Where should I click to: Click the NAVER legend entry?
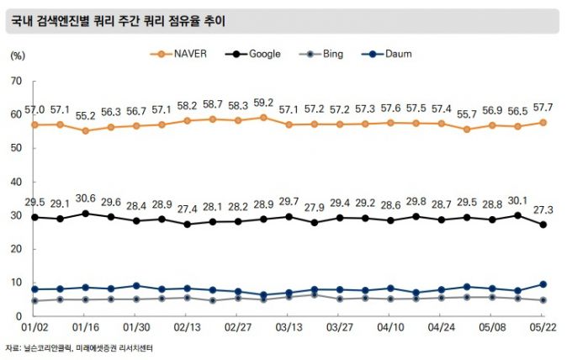[178, 54]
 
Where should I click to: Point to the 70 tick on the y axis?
[15, 81]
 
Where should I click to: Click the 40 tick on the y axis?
[15, 182]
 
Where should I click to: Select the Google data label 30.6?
[85, 199]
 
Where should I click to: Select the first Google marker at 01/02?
[34, 217]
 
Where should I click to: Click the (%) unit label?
[17, 55]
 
